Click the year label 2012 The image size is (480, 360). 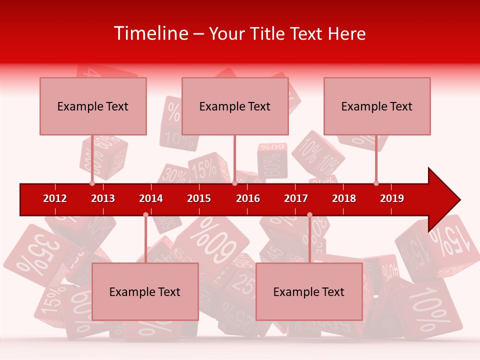point(55,198)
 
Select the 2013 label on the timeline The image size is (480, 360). point(103,198)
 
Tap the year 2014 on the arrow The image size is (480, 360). point(151,198)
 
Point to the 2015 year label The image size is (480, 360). point(199,198)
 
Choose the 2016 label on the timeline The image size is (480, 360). point(248,198)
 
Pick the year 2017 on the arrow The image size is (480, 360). point(296,198)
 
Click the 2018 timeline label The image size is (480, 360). point(344,198)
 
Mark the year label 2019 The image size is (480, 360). point(392,198)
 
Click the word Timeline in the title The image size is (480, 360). point(150,33)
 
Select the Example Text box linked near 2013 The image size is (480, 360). point(93,106)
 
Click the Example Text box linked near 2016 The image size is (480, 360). point(235,106)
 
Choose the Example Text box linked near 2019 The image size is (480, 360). point(377,106)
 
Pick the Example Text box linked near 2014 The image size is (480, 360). point(145,291)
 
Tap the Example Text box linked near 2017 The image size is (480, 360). point(309,291)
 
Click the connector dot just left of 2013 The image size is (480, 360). point(92,183)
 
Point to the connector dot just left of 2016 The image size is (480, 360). point(234,183)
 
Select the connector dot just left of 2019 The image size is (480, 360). point(376,183)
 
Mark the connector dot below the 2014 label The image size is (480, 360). point(145,214)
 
